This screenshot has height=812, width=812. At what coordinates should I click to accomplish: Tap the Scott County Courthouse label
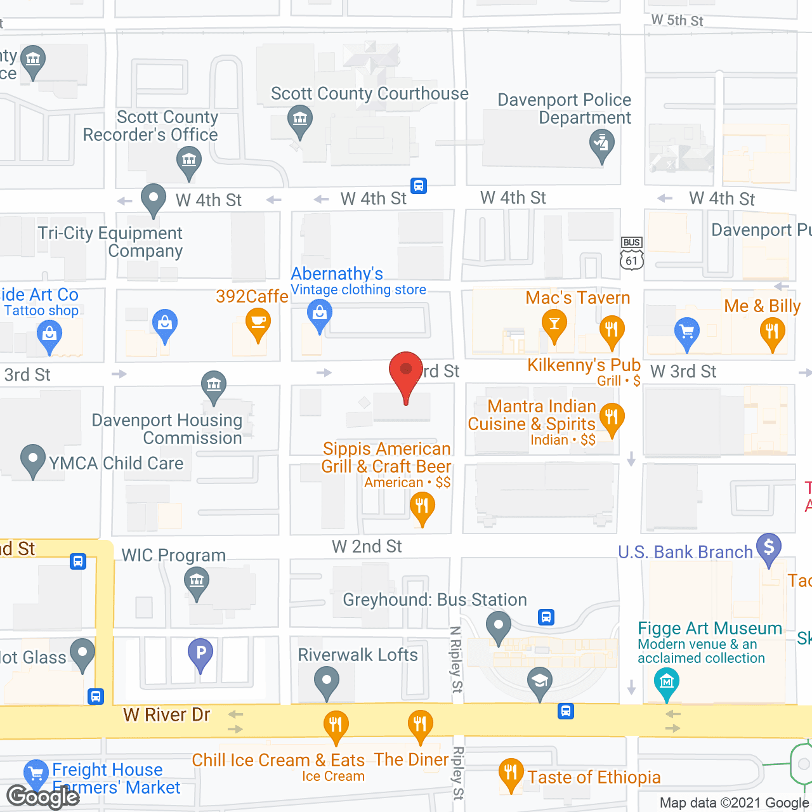(x=369, y=94)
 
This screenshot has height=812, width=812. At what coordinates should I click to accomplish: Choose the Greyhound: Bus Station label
(x=435, y=599)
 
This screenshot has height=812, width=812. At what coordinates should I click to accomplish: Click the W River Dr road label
(x=167, y=715)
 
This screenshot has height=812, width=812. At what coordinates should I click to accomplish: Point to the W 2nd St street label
(x=367, y=546)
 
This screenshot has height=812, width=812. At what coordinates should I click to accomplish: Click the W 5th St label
(x=677, y=20)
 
